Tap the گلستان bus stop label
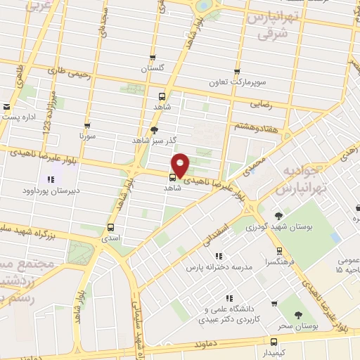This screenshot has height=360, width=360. click(153, 69)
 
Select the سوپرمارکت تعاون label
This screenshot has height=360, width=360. click(236, 82)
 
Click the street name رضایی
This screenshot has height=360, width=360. click(260, 103)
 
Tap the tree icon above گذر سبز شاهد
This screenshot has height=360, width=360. click(155, 129)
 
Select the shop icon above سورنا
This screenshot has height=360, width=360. click(87, 122)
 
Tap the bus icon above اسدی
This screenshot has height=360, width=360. click(110, 227)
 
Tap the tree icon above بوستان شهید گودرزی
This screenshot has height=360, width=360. click(279, 216)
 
